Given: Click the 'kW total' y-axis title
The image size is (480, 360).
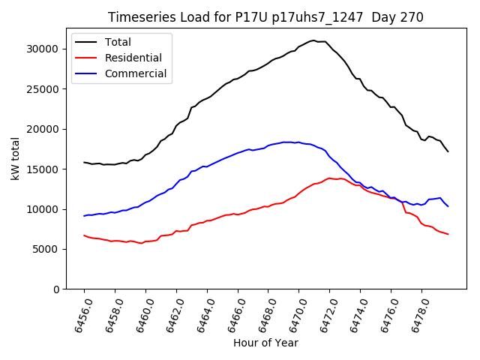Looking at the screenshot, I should tap(15, 159).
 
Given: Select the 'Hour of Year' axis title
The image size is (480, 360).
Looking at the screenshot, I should tap(265, 343).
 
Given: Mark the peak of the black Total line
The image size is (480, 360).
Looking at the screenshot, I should tap(313, 40).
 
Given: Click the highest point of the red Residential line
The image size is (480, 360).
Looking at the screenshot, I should tap(330, 178).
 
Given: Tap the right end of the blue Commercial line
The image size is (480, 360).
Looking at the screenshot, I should tap(448, 206).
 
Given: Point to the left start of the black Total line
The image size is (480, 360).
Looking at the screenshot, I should tap(84, 162).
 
